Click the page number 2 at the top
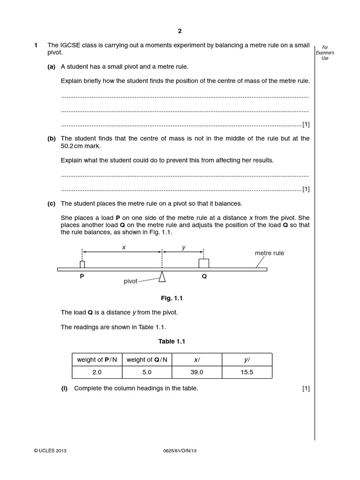180,31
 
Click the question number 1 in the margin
36,45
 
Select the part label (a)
52,67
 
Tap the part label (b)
52,138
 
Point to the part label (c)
52,203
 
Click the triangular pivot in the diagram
162,277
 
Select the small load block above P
82,264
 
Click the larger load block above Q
204,263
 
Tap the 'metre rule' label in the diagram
269,253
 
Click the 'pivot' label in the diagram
131,281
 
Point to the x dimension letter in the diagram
124,247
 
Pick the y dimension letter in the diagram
183,247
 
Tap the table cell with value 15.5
247,372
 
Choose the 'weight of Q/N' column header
147,360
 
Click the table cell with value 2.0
97,372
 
